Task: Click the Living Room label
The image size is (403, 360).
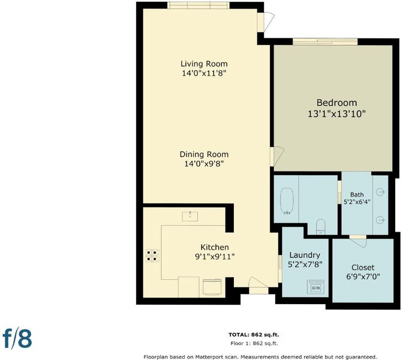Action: click(x=204, y=64)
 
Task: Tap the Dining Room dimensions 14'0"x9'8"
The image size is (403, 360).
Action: click(x=204, y=164)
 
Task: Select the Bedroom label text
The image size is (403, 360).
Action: click(x=336, y=103)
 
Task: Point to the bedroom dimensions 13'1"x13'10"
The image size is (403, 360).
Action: click(x=336, y=113)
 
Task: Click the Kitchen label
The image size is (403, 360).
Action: click(x=215, y=247)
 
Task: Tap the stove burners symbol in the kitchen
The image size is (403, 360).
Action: click(x=152, y=256)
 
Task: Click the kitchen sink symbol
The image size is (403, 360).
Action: click(x=190, y=216)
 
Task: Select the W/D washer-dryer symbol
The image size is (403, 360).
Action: click(x=315, y=286)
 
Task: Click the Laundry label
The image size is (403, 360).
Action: click(x=305, y=255)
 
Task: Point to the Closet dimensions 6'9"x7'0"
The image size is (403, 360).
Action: click(x=363, y=277)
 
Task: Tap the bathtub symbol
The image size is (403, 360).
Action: click(x=287, y=202)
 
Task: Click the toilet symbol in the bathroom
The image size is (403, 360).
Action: click(x=320, y=226)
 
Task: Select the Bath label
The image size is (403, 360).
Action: click(x=357, y=194)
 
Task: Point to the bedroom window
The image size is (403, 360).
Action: click(x=325, y=41)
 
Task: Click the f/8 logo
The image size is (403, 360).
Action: click(x=17, y=339)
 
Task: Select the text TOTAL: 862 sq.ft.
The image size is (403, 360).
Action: click(x=254, y=335)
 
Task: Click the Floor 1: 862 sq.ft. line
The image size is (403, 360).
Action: click(x=254, y=343)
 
